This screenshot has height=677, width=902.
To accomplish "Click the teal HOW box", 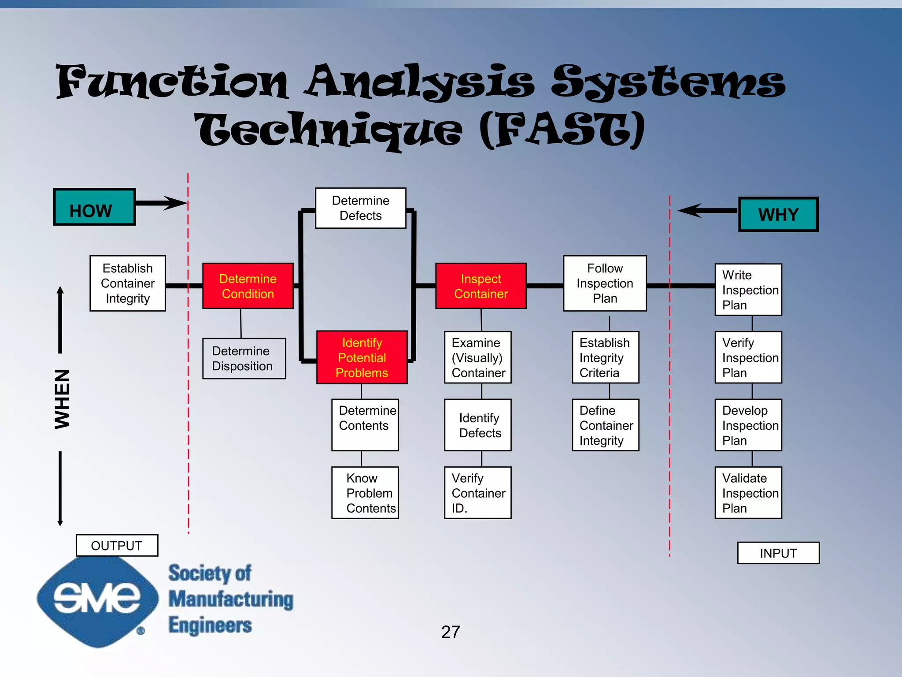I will [94, 207].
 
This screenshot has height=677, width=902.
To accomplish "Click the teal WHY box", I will [778, 214].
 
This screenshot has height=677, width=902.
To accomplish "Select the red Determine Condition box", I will [248, 286].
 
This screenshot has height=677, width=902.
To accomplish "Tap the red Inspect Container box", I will [481, 286].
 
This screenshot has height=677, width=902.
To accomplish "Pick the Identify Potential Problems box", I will [362, 357].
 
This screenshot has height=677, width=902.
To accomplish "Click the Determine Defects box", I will [360, 208].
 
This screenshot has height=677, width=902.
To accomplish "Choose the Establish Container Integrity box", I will [128, 283].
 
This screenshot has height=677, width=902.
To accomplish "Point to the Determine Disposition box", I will [244, 358].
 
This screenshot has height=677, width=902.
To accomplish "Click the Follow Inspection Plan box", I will [605, 283].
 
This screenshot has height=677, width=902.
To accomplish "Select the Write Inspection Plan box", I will [748, 290].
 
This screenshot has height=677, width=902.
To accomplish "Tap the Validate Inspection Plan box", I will [748, 493].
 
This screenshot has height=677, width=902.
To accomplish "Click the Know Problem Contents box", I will [365, 493].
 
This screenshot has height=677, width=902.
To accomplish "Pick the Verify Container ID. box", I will [478, 493].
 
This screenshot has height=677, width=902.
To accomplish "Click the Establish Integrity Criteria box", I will [605, 357].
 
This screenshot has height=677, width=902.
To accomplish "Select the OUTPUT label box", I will [117, 546].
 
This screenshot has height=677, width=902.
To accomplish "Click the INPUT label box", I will [778, 553].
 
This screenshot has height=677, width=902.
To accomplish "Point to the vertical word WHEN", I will [62, 399].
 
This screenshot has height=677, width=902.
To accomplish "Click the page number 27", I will [451, 632].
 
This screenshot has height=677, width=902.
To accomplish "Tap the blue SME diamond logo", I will [97, 602].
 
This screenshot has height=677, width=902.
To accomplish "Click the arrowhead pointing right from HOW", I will [176, 203].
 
